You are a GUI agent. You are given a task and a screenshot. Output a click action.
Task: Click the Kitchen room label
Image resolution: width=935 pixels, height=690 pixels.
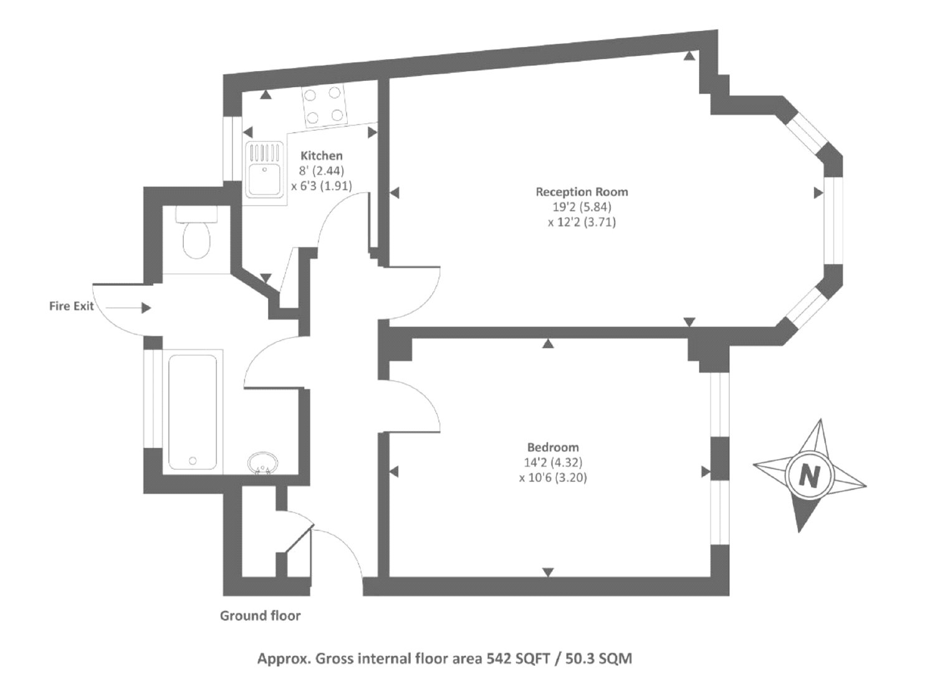coord(321,156)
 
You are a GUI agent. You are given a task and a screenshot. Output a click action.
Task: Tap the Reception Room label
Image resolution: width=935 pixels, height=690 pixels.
coord(582,192)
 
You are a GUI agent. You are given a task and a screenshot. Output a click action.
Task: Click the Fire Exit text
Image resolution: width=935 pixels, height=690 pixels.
coord(71,306)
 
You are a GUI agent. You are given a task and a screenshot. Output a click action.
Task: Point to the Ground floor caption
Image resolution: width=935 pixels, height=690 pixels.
coord(260,616)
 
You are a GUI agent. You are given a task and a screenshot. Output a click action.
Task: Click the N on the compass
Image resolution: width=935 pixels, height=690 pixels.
coord(809,476)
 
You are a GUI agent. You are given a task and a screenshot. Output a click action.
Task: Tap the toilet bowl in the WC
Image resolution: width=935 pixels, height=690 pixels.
coord(196,240)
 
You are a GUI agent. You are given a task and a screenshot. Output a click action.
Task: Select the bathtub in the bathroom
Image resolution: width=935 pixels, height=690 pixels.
coord(193,412)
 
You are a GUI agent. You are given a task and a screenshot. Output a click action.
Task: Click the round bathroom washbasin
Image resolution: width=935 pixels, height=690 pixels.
coord(263,463)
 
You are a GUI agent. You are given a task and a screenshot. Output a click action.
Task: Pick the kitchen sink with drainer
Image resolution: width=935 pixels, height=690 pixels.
coord(265,169)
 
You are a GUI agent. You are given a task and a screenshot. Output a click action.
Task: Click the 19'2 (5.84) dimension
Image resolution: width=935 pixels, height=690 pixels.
coord(582,207)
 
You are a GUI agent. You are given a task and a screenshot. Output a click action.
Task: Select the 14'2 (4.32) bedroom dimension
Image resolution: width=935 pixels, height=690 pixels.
coord(553,463)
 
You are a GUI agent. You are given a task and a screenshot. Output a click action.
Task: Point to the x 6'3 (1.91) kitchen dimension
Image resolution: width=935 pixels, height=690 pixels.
coord(321,186)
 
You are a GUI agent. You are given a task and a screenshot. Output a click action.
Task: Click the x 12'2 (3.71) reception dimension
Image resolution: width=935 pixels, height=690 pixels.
coord(582,222)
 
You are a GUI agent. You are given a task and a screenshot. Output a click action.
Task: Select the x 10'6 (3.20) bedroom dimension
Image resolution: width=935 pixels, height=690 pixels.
coord(553,478)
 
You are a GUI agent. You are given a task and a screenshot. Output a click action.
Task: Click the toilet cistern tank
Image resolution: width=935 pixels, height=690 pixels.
coord(196,214)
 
